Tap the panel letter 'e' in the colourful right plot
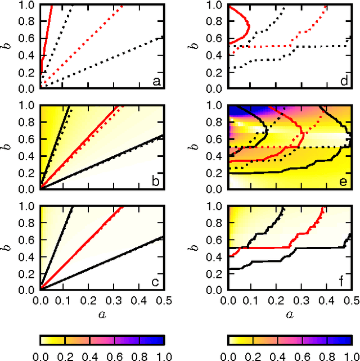[x=344, y=182]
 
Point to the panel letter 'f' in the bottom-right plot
[x=344, y=281]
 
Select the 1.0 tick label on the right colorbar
[x=350, y=355]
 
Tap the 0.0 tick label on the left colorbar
[x=40, y=355]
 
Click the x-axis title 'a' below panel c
[x=102, y=315]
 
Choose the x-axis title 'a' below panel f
[x=289, y=315]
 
